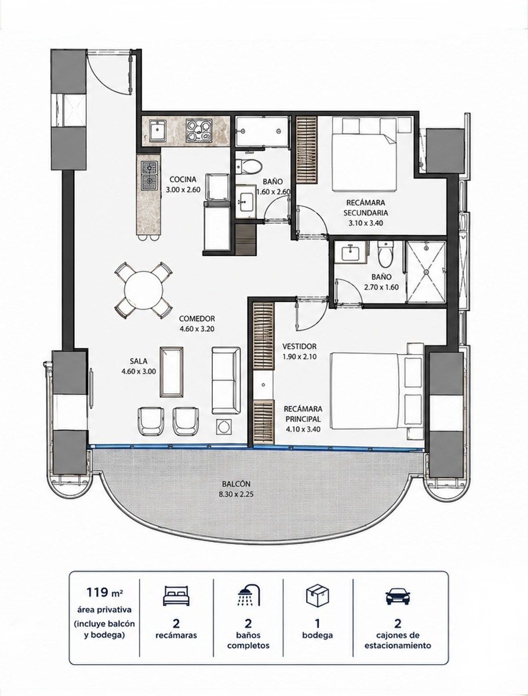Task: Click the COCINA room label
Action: pyautogui.click(x=183, y=179)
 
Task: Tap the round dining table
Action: pyautogui.click(x=144, y=289)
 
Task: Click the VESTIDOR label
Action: pyautogui.click(x=299, y=346)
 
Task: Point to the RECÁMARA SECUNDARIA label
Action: pyautogui.click(x=366, y=208)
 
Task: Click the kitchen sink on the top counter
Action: pyautogui.click(x=158, y=130)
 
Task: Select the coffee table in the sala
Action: pyautogui.click(x=172, y=371)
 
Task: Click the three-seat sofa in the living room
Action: pyautogui.click(x=225, y=380)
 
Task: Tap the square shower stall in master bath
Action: pyautogui.click(x=425, y=272)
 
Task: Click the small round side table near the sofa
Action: pyautogui.click(x=224, y=426)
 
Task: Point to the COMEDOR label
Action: pyautogui.click(x=196, y=318)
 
